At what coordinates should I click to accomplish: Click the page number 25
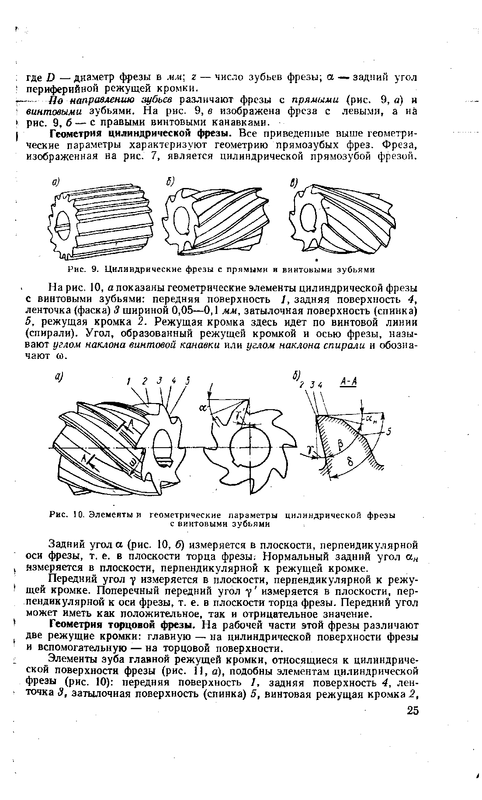pyautogui.click(x=413, y=710)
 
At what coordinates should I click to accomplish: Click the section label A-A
pyautogui.click(x=348, y=382)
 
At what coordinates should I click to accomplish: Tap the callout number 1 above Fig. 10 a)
pyautogui.click(x=129, y=381)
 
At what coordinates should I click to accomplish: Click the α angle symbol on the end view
pyautogui.click(x=202, y=408)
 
